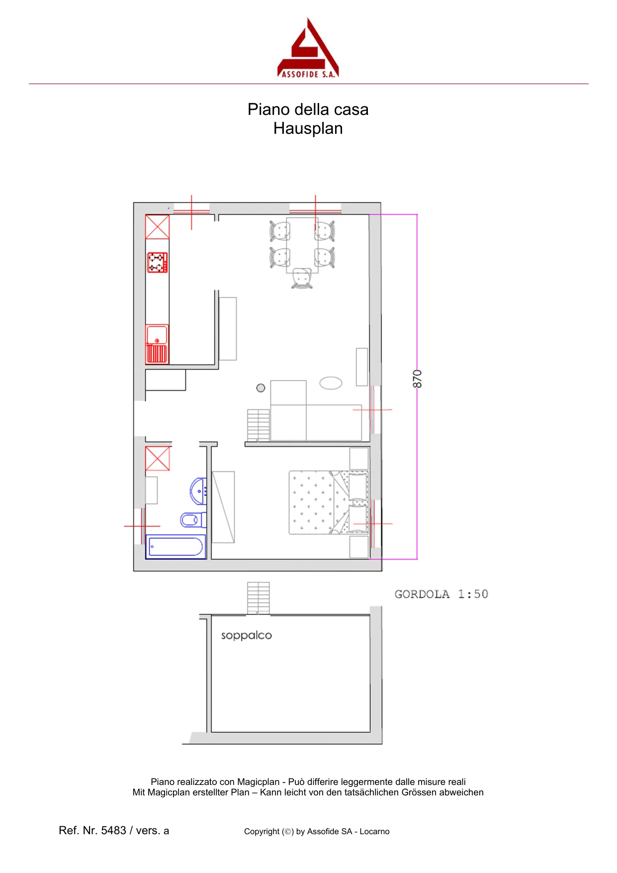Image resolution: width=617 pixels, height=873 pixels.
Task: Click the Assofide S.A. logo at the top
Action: pos(308,48)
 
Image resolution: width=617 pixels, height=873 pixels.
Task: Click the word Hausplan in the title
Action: pos(308,128)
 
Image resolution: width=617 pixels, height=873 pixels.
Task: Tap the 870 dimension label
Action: pos(417,379)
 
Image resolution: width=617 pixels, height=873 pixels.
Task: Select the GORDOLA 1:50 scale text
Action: pos(441,594)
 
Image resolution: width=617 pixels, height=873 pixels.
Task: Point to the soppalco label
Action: pos(247,636)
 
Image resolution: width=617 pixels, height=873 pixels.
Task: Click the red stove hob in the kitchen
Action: pos(157,263)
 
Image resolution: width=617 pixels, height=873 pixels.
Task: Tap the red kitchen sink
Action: pos(157,344)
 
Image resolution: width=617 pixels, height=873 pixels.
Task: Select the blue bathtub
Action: pos(176,547)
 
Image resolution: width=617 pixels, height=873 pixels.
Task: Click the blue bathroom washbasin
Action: pos(199,491)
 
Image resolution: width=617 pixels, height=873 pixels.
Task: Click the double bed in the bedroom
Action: pos(329,502)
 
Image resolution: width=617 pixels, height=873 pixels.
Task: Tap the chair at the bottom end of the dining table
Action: pos(302,279)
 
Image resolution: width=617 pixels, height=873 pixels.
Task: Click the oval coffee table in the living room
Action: pos(331,383)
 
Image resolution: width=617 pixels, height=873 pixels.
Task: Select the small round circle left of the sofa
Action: pos(261,388)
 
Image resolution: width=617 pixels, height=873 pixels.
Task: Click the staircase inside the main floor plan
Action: pos(259,425)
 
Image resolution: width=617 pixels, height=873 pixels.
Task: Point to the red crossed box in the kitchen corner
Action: pos(157,227)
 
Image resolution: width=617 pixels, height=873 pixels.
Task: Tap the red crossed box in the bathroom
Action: pos(158,458)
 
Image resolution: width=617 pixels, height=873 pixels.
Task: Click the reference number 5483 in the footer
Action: pos(113,830)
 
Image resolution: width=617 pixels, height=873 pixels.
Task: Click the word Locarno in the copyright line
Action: pos(374,831)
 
